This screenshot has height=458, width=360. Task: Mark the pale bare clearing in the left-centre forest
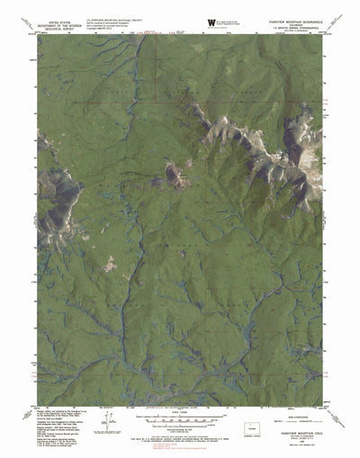[x=110, y=264]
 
